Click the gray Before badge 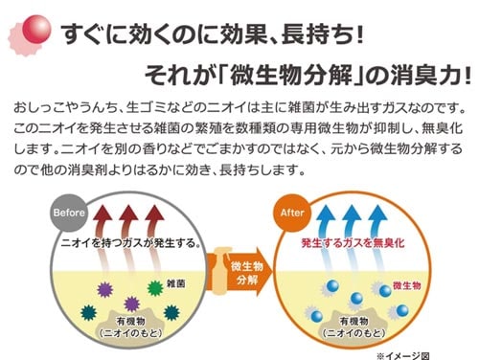pos(70,213)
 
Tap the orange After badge pos(290,213)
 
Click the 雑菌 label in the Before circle pos(175,284)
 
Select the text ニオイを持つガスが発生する pos(128,243)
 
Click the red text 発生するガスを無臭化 pos(353,243)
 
